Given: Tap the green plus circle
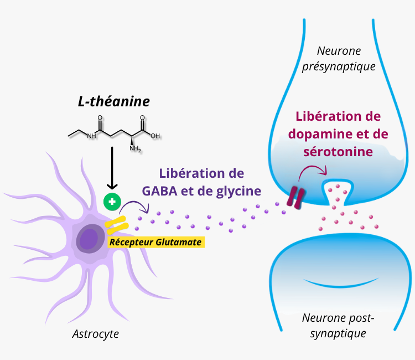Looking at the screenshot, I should click(x=112, y=202).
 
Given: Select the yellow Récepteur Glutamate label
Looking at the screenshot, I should click(x=155, y=241).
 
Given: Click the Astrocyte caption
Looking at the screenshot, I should click(x=96, y=334).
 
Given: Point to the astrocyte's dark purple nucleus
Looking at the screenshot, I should click(x=87, y=239).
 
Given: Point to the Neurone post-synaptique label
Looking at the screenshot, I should click(x=338, y=326).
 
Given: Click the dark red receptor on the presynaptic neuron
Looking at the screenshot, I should click(x=295, y=198).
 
